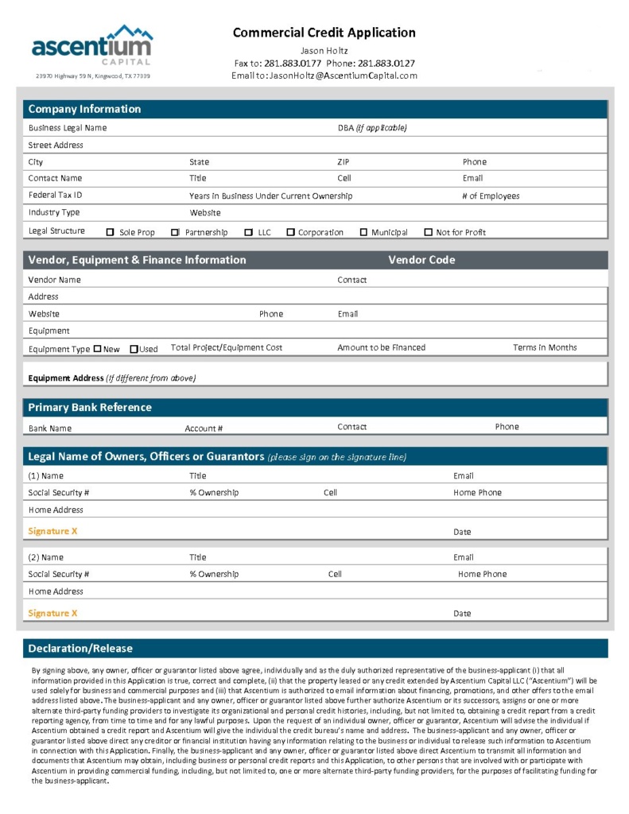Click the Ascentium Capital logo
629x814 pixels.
click(x=92, y=45)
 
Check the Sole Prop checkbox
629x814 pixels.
click(x=111, y=233)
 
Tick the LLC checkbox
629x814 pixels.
click(x=249, y=233)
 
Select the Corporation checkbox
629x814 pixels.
click(x=290, y=233)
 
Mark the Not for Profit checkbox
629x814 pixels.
click(x=429, y=233)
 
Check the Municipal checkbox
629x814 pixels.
click(x=363, y=233)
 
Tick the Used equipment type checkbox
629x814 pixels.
click(x=134, y=349)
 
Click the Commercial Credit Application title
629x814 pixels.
click(x=324, y=33)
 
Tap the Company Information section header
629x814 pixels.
click(x=84, y=110)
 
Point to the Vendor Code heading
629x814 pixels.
click(x=421, y=260)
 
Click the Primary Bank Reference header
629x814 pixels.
click(x=90, y=408)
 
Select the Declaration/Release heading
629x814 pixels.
click(x=80, y=649)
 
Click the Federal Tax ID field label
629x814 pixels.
click(x=55, y=196)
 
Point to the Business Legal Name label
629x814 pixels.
click(x=68, y=128)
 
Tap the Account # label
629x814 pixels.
click(x=204, y=428)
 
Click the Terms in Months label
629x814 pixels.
click(x=545, y=347)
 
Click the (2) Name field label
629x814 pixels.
click(x=45, y=557)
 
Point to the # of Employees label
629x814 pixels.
click(x=491, y=196)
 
